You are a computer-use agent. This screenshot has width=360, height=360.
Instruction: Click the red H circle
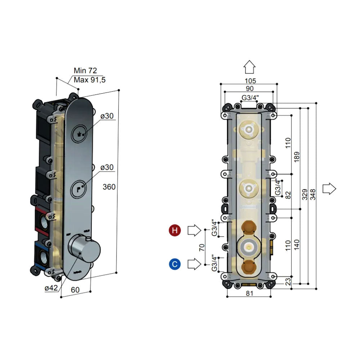[x=175, y=230]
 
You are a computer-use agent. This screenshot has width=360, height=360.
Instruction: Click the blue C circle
[x=175, y=264]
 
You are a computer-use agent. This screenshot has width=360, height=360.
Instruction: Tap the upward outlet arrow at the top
[x=249, y=67]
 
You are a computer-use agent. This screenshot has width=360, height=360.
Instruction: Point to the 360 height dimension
[x=109, y=187]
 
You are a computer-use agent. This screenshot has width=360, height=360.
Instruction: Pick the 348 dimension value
[x=312, y=195]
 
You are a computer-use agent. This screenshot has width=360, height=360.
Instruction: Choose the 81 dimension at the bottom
[x=249, y=293]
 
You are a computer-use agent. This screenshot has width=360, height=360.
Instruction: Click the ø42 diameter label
[x=51, y=288]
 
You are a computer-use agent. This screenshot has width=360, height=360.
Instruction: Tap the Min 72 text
[x=85, y=71]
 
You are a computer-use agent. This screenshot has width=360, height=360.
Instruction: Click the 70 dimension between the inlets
[x=202, y=247]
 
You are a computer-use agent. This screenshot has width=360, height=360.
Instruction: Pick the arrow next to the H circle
[x=194, y=230]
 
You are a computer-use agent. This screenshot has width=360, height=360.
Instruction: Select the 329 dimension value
[x=305, y=195]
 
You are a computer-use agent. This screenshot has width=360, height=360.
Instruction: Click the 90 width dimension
[x=249, y=89]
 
